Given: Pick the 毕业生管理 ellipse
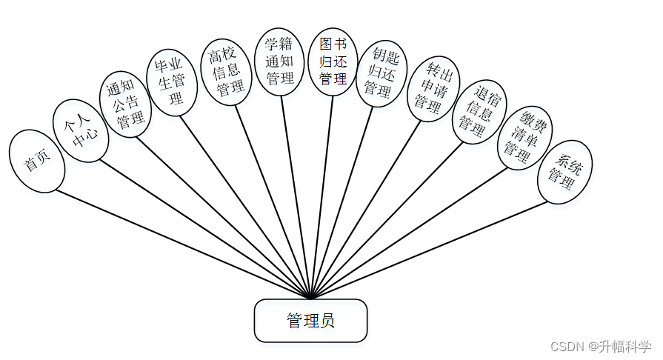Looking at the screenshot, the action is (170, 81).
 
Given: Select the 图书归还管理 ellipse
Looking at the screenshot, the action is (333, 61).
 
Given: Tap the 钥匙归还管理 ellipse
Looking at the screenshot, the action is (382, 73).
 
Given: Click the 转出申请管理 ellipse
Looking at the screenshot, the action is (433, 87).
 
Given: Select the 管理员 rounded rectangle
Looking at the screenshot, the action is (310, 321).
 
